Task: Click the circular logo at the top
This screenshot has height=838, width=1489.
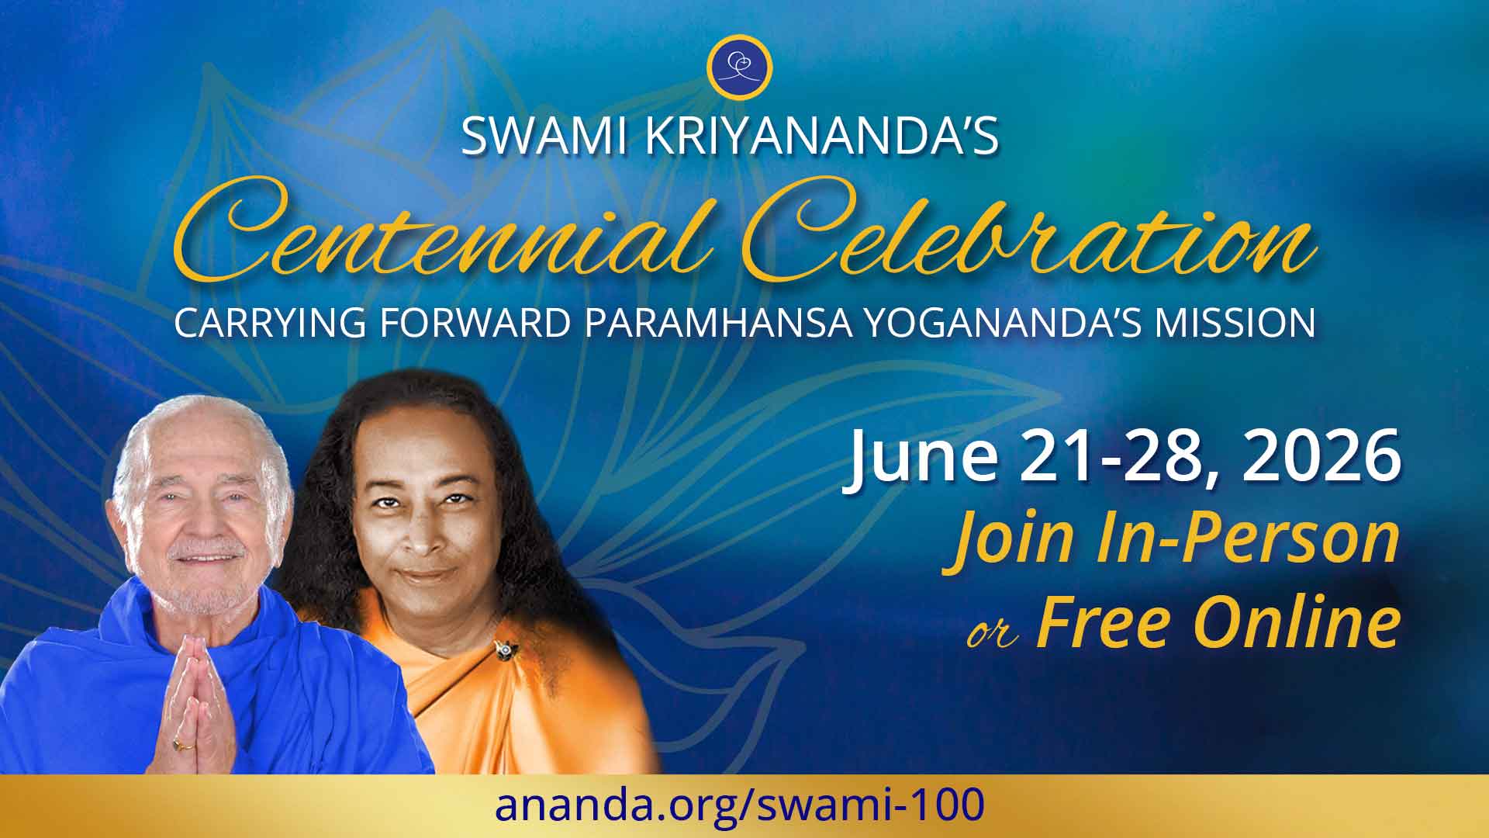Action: pos(740,67)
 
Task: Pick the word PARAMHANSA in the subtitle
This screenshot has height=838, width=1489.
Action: pos(718,323)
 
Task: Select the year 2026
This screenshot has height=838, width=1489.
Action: pos(1321,458)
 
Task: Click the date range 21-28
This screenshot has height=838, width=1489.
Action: pos(1117,458)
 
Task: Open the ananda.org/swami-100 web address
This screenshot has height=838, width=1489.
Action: pos(740,805)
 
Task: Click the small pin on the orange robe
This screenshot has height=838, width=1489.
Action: pos(504,649)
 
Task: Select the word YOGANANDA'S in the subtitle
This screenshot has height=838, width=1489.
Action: pos(1000,323)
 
